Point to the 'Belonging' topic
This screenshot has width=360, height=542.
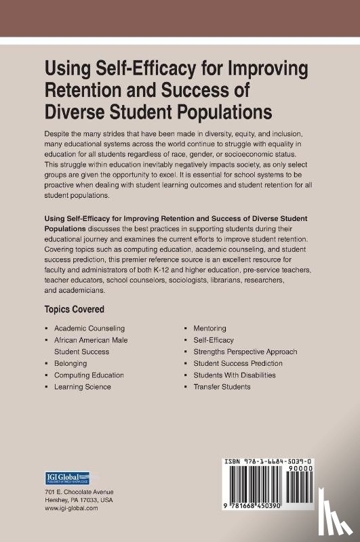71,363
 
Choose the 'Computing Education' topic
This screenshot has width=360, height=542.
89,375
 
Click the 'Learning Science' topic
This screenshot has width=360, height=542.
83,387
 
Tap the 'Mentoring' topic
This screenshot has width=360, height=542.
209,328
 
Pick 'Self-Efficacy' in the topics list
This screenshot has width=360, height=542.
213,340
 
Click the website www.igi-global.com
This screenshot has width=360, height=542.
71,507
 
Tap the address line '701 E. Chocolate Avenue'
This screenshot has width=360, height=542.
79,491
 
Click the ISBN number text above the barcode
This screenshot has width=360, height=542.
278,461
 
